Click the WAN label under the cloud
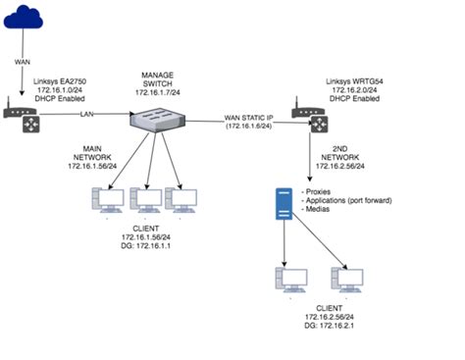point(23,61)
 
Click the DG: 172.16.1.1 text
point(148,247)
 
